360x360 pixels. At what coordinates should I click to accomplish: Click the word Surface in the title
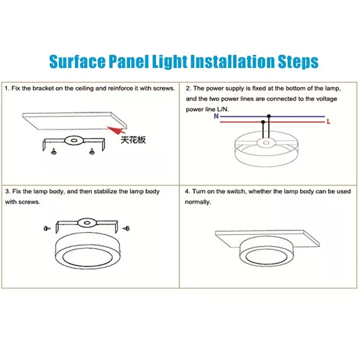coord(77,62)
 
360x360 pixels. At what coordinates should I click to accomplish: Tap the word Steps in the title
coord(298,62)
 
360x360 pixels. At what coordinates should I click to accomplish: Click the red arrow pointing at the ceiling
coord(116,130)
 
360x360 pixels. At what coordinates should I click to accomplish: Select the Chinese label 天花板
coord(133,140)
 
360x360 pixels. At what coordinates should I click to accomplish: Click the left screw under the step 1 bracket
coord(54,151)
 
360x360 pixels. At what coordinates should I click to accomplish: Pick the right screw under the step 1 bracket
coord(92,151)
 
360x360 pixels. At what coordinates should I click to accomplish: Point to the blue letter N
coord(216,116)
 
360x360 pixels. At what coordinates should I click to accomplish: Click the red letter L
coord(329,121)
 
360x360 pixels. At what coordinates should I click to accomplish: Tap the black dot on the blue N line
coord(269,116)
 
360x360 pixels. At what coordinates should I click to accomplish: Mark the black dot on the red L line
coord(263,122)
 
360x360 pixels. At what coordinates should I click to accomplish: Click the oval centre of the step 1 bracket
coord(74,140)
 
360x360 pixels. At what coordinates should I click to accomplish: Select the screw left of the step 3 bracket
coord(47,228)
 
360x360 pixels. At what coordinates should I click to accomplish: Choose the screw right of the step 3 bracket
coord(126,228)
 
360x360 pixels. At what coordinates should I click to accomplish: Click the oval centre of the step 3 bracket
coord(87,223)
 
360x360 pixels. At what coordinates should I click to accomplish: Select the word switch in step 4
coord(236,191)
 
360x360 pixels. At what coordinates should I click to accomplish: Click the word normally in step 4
coord(198,202)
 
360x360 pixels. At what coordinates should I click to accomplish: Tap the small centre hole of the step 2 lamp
coord(266,143)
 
